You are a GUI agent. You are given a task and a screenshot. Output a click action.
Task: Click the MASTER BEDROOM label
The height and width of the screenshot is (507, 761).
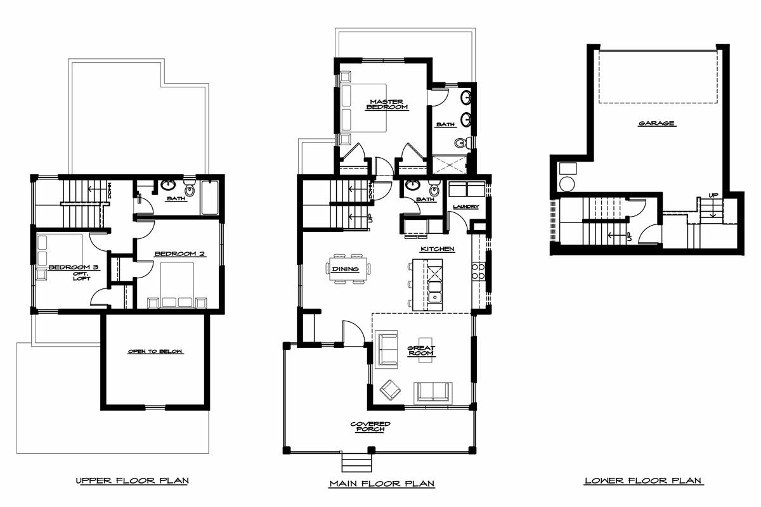387,105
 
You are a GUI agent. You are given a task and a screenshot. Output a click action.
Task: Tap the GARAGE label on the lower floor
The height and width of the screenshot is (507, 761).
656,124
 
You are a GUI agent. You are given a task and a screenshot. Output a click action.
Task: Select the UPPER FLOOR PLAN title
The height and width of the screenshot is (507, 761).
132,480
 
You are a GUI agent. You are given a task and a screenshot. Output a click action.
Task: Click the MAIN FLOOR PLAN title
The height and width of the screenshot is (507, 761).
382,483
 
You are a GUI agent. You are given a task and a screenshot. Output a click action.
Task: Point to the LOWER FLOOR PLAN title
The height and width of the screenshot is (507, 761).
643,480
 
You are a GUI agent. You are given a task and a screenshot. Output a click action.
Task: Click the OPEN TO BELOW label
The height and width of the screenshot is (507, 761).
155,352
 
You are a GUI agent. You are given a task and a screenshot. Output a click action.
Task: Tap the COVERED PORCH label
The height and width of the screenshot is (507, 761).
370,427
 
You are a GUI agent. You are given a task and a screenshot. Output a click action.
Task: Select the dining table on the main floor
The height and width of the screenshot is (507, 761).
348,269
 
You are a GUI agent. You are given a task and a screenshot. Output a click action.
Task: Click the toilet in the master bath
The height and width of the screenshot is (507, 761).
463,143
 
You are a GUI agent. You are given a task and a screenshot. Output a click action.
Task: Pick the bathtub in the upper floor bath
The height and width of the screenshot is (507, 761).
210,198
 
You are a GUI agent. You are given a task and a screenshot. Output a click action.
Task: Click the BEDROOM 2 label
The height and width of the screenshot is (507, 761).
180,253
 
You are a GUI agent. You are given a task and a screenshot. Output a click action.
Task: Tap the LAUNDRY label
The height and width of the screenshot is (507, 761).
465,207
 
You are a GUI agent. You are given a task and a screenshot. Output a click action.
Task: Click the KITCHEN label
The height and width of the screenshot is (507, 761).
438,249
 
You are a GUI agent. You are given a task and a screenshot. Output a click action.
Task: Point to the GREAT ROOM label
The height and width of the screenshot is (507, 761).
421,350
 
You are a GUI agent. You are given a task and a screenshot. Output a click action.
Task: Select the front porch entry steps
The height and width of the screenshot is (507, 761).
356,463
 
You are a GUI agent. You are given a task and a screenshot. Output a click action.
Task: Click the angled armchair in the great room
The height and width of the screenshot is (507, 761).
390,390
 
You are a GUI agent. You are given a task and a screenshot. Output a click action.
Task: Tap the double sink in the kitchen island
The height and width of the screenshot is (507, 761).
434,292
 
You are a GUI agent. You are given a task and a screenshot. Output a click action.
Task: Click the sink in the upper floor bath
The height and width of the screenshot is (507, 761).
168,185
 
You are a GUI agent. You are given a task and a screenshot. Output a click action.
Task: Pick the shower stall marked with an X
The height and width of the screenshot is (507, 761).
450,165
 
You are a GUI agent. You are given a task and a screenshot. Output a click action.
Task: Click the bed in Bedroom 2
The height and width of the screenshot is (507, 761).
177,285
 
